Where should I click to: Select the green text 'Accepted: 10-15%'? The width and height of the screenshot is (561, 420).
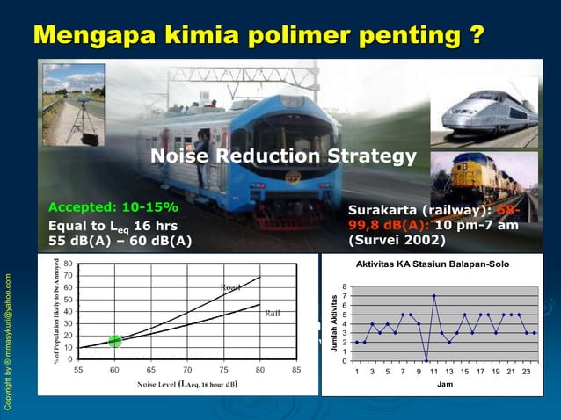(112, 208)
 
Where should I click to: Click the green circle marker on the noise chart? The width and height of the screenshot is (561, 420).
(114, 341)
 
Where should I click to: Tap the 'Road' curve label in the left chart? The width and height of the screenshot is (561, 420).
(230, 287)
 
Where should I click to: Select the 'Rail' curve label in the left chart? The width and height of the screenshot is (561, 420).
(273, 314)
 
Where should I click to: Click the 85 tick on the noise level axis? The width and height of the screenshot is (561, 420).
(296, 370)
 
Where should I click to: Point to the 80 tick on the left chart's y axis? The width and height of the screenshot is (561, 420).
(67, 264)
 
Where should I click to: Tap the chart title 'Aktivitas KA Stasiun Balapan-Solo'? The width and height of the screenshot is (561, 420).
(431, 264)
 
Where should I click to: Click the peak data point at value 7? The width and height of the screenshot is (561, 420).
(433, 296)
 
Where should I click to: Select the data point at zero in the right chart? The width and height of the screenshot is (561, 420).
(426, 359)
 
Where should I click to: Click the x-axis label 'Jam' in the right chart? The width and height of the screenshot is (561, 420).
(445, 385)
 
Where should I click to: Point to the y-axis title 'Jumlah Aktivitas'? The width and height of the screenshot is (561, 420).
(334, 324)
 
